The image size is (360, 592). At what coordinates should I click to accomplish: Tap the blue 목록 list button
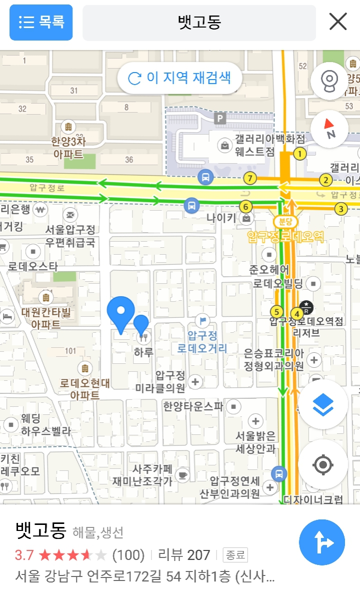point(41,23)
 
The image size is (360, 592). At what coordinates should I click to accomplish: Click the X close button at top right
point(338,22)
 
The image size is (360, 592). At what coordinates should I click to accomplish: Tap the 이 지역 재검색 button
point(179,78)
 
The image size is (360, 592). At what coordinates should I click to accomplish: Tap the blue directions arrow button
point(322,542)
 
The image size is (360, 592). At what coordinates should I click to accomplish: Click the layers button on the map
point(323,405)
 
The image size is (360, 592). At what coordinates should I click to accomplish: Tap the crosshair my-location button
point(323,465)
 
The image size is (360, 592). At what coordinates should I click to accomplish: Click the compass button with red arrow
point(329,129)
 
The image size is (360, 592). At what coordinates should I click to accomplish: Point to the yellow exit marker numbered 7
point(250,178)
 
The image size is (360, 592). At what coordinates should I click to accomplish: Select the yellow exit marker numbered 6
point(245,206)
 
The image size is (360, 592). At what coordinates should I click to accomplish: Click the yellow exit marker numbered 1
point(299,154)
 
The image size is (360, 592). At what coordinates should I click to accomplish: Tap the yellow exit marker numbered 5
point(276,313)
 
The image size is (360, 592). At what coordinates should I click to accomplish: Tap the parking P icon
point(219,119)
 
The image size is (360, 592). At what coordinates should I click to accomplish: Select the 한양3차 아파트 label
point(68,148)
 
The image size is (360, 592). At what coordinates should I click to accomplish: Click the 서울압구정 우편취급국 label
point(70,236)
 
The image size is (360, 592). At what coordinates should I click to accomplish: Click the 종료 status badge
point(235,555)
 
